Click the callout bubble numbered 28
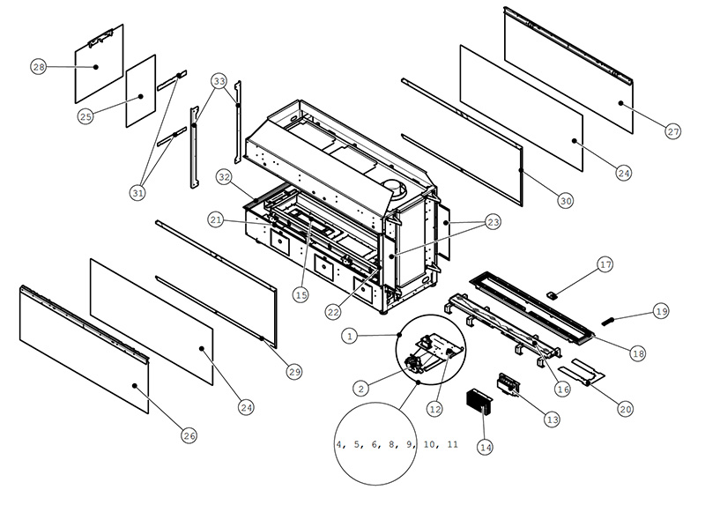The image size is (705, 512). pos(38,68)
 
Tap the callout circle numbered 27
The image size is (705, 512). pos(673,131)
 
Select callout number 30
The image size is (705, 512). pos(566,200)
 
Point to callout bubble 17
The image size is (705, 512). pos(605,264)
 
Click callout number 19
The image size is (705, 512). pos(661,310)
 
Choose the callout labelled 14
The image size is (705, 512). pos(485,447)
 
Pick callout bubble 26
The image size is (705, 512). pos(189,434)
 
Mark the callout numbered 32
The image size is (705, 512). pos(225,177)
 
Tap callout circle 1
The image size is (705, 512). pos(351,336)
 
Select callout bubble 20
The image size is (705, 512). pos(627,408)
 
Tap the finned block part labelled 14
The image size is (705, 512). pos(480,407)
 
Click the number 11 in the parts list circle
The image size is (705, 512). pos(451,444)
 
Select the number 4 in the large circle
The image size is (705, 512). pos(340,444)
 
